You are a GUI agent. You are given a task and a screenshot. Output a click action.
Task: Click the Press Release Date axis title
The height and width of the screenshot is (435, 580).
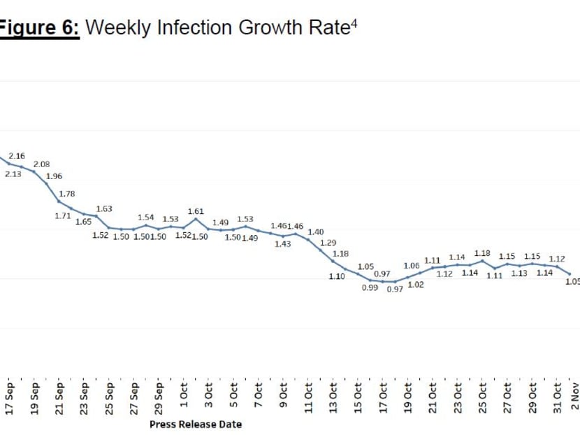pyautogui.click(x=196, y=424)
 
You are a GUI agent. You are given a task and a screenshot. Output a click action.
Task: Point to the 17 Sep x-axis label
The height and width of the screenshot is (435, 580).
pyautogui.click(x=10, y=399)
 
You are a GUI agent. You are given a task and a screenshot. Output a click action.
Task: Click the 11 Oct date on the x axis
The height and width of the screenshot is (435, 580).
pyautogui.click(x=308, y=399)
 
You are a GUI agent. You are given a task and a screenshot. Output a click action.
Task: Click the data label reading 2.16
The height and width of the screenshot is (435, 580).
pyautogui.click(x=17, y=155)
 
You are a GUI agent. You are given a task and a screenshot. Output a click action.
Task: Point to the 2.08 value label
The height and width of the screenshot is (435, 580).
pyautogui.click(x=42, y=164)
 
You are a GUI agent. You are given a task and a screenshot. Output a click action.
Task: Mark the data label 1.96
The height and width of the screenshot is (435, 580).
pyautogui.click(x=54, y=176)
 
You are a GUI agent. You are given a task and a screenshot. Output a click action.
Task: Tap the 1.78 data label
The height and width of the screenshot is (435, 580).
pyautogui.click(x=67, y=194)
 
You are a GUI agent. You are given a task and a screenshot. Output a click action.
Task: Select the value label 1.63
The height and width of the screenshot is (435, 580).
pyautogui.click(x=104, y=208)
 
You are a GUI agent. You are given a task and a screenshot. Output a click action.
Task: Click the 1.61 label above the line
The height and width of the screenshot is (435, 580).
pyautogui.click(x=196, y=211)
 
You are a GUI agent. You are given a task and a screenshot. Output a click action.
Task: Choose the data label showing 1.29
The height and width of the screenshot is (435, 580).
pyautogui.click(x=328, y=243)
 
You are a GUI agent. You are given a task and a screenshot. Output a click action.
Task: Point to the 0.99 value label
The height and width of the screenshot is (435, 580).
pyautogui.click(x=370, y=287)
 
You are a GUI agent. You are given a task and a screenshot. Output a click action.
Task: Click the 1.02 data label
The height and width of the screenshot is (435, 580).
pyautogui.click(x=416, y=285)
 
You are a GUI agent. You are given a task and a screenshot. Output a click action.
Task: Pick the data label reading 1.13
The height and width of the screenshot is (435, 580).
pyautogui.click(x=519, y=273)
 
